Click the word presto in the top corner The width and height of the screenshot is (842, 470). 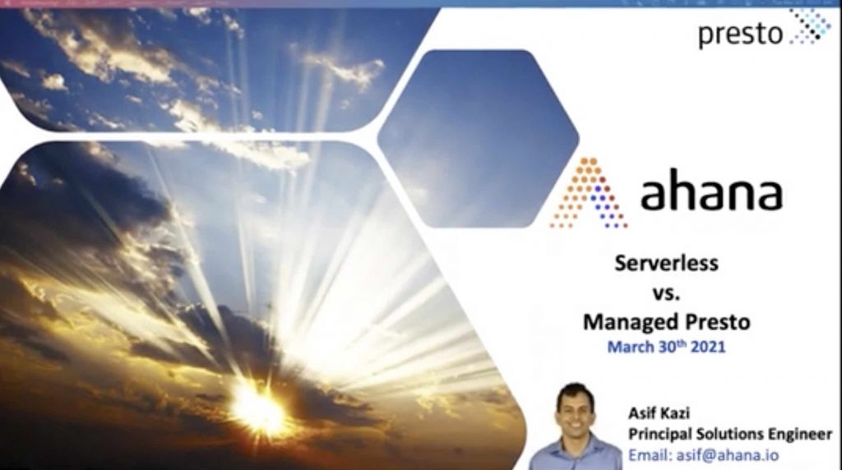pos(741,34)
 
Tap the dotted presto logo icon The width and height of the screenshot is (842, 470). pos(810,26)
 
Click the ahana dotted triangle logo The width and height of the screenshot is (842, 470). pos(589,192)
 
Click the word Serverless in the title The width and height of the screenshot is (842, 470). pos(666,263)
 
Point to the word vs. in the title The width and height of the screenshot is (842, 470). pos(666,293)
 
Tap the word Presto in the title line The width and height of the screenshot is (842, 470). pos(709,322)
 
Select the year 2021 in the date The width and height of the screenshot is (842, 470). pos(708,347)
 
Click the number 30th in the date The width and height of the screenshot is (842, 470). pos(673,346)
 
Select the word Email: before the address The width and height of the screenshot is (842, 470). pos(650,455)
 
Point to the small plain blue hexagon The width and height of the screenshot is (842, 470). pos(478,138)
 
